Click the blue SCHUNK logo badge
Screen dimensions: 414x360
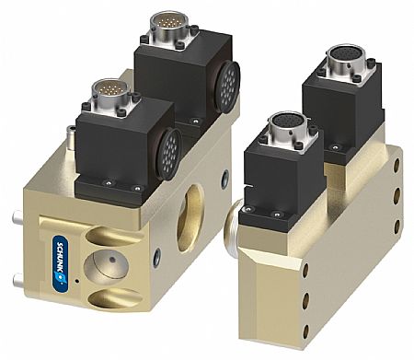[60, 263]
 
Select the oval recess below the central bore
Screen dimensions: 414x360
[116, 298]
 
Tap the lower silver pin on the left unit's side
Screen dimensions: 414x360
[18, 280]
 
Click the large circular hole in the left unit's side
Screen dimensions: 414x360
[190, 218]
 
